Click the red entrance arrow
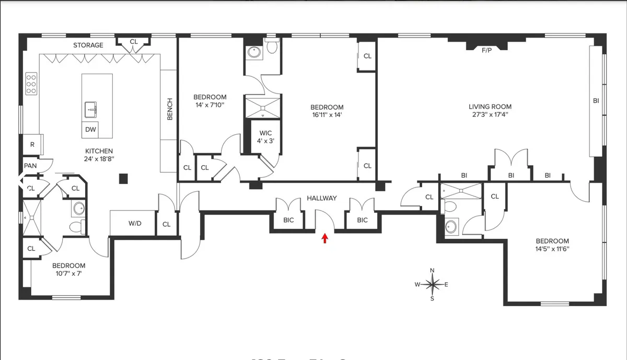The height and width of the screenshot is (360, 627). (x=324, y=238)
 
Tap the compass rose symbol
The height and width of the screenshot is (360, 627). (x=432, y=285)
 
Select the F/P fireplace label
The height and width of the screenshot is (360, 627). (x=486, y=50)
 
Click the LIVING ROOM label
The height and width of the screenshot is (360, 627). (x=490, y=107)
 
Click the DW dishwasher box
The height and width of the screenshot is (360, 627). (x=90, y=130)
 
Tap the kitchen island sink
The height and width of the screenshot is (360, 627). (x=91, y=110)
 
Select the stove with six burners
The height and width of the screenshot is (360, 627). (x=31, y=84)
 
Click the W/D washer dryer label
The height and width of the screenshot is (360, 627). (x=135, y=224)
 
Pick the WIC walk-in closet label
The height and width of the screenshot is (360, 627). (x=262, y=126)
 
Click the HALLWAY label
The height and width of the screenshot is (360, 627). (x=321, y=198)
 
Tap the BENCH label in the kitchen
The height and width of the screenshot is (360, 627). (x=170, y=109)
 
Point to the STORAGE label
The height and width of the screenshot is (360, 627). (x=88, y=45)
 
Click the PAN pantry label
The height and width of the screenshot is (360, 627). (x=30, y=166)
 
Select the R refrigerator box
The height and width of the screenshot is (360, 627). (x=32, y=144)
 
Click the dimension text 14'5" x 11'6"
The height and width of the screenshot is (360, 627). (x=552, y=249)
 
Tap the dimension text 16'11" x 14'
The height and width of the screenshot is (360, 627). (x=327, y=115)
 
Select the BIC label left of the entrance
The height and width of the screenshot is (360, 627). (x=288, y=220)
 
